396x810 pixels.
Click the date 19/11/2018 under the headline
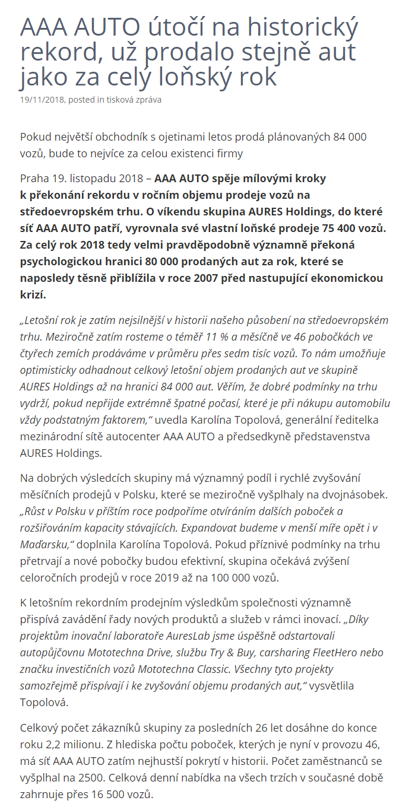point(42,100)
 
